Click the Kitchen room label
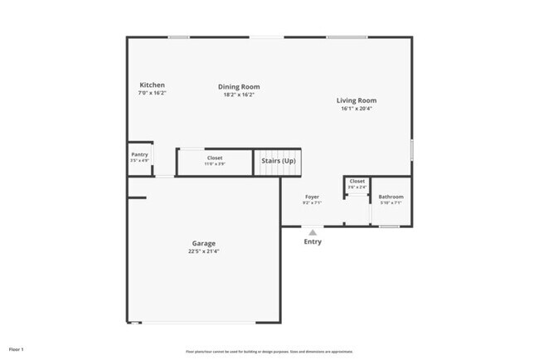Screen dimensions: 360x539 pyautogui.click(x=152, y=85)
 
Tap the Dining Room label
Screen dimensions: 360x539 pyautogui.click(x=239, y=86)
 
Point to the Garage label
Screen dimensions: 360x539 pyautogui.click(x=203, y=243)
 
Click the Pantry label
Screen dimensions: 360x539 pyautogui.click(x=139, y=154)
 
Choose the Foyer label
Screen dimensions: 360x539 pyautogui.click(x=312, y=197)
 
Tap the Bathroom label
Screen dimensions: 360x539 pyautogui.click(x=391, y=197)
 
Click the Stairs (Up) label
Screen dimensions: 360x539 pyautogui.click(x=279, y=160)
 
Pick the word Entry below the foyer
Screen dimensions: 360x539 pyautogui.click(x=313, y=242)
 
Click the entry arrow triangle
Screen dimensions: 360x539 pyautogui.click(x=313, y=233)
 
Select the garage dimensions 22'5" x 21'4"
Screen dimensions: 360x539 pyautogui.click(x=203, y=251)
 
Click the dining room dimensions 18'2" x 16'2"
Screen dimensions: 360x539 pyautogui.click(x=239, y=95)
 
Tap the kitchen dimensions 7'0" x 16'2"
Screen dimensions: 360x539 pyautogui.click(x=152, y=93)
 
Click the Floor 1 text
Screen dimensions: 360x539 pyautogui.click(x=17, y=349)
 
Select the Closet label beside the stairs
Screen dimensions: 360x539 pyautogui.click(x=215, y=158)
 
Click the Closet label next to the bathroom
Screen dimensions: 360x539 pyautogui.click(x=357, y=181)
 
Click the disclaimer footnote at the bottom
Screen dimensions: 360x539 pyautogui.click(x=269, y=350)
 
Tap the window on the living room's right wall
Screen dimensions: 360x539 pyautogui.click(x=412, y=150)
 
